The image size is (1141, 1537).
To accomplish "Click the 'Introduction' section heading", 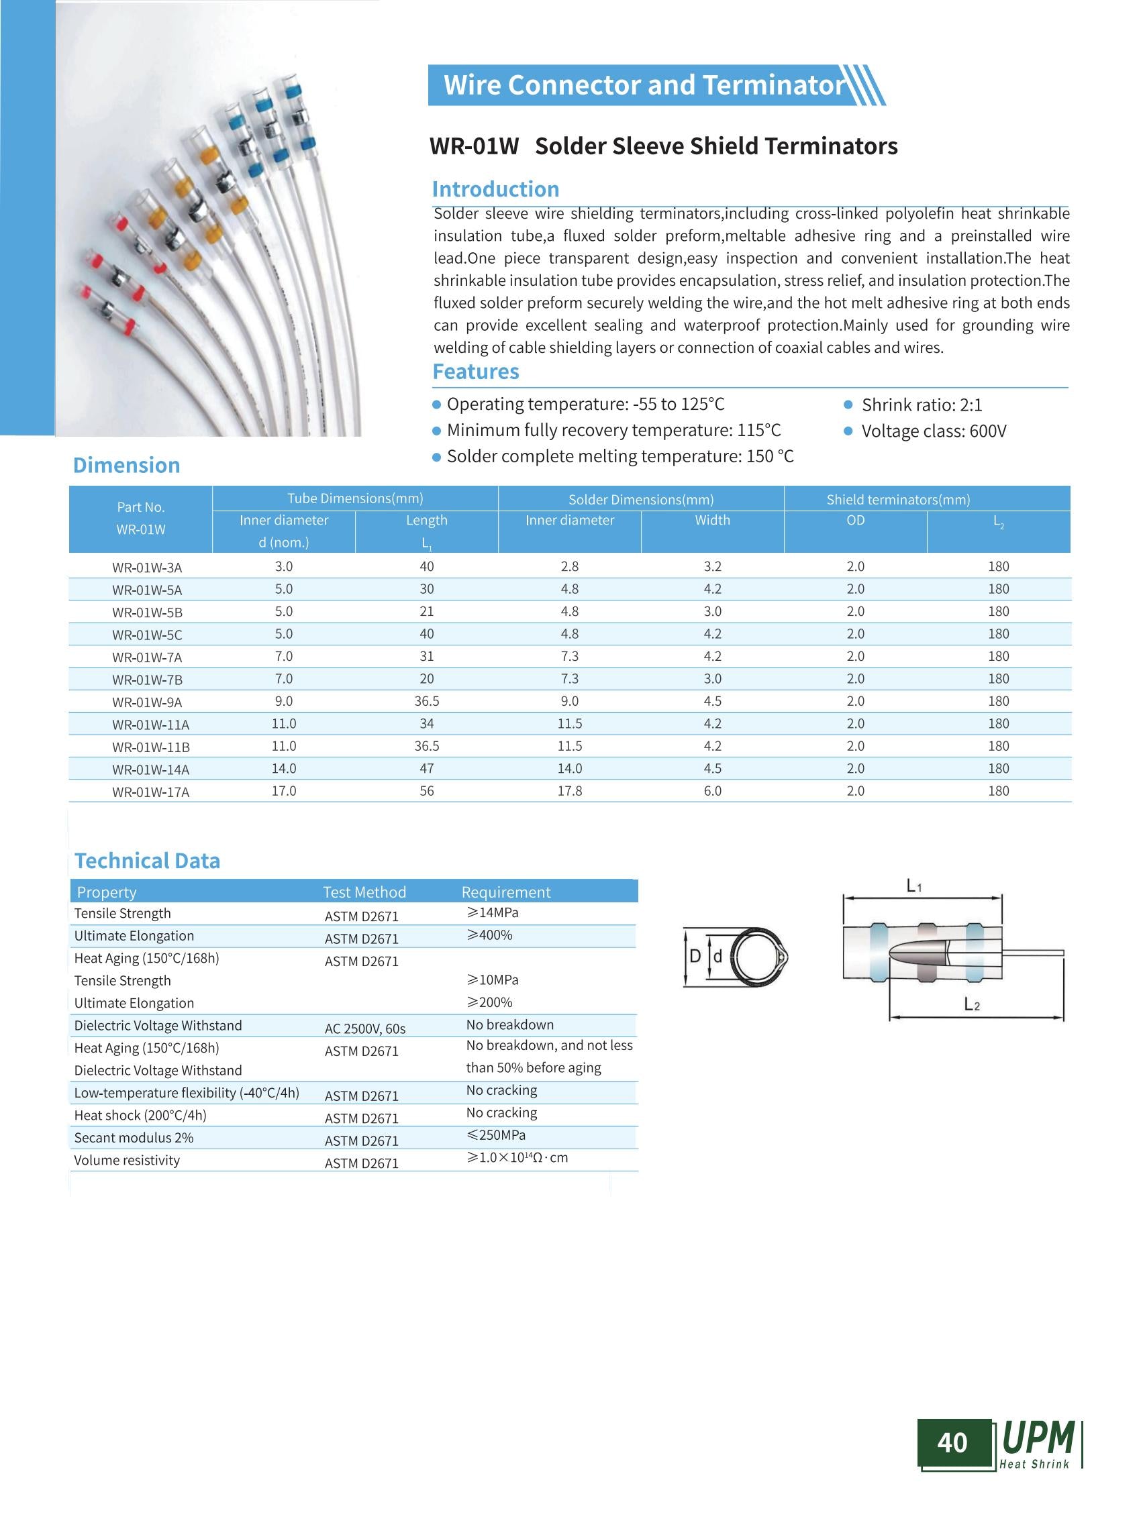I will pyautogui.click(x=495, y=189).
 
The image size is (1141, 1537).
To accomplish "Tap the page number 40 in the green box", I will pyautogui.click(x=952, y=1442).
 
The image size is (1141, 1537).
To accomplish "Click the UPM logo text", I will pyautogui.click(x=1038, y=1438).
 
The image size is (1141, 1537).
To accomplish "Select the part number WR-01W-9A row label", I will pyautogui.click(x=147, y=702).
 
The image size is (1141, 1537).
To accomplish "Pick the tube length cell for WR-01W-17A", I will pyautogui.click(x=427, y=791).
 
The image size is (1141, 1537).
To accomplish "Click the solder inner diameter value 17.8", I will pyautogui.click(x=570, y=791).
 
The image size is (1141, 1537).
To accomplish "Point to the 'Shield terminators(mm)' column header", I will pyautogui.click(x=898, y=499).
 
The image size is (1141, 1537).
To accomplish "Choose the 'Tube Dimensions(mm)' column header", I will pyautogui.click(x=355, y=498).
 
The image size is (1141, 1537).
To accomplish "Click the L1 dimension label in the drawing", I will pyautogui.click(x=913, y=886).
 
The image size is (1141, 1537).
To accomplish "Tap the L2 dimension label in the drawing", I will pyautogui.click(x=972, y=1006).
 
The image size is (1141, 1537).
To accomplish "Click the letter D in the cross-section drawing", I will pyautogui.click(x=695, y=956).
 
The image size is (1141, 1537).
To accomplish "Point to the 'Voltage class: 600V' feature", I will pyautogui.click(x=934, y=431).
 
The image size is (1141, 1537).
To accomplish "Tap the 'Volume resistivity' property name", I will pyautogui.click(x=127, y=1161).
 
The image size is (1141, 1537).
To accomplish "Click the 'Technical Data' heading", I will pyautogui.click(x=147, y=861).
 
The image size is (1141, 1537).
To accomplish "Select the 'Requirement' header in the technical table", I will pyautogui.click(x=505, y=892).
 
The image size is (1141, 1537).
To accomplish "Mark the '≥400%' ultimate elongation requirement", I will pyautogui.click(x=490, y=936).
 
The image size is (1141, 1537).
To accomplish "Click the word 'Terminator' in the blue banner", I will pyautogui.click(x=774, y=85).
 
